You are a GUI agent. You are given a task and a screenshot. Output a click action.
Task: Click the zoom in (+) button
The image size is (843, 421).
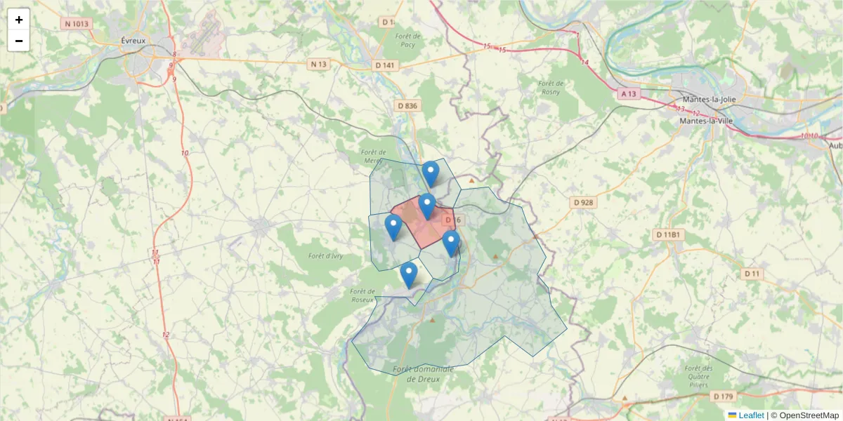click(18, 20)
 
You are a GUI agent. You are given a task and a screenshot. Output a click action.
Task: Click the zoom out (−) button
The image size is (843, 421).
click(18, 41)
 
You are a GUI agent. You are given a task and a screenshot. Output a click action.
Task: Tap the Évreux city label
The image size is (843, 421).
click(133, 41)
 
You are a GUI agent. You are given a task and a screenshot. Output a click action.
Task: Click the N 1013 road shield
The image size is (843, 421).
click(77, 23)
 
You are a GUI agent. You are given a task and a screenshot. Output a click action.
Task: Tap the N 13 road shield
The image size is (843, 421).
click(319, 64)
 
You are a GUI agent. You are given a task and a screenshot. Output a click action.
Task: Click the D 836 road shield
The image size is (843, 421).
click(407, 105)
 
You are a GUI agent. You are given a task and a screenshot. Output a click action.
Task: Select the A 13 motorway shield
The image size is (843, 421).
click(629, 93)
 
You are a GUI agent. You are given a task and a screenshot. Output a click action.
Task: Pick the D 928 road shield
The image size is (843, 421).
click(583, 202)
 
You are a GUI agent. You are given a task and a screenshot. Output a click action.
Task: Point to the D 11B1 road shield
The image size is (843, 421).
click(667, 234)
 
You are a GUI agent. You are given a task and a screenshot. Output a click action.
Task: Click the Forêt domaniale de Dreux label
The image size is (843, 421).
click(423, 373)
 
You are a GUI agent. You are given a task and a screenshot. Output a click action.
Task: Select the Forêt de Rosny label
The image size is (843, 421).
click(551, 87)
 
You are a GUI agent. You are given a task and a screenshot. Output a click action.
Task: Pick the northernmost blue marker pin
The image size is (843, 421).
click(430, 173)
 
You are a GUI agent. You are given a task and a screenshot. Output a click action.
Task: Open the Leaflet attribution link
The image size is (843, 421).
click(751, 415)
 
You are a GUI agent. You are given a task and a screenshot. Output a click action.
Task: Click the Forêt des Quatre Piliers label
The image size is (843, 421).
click(698, 377)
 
